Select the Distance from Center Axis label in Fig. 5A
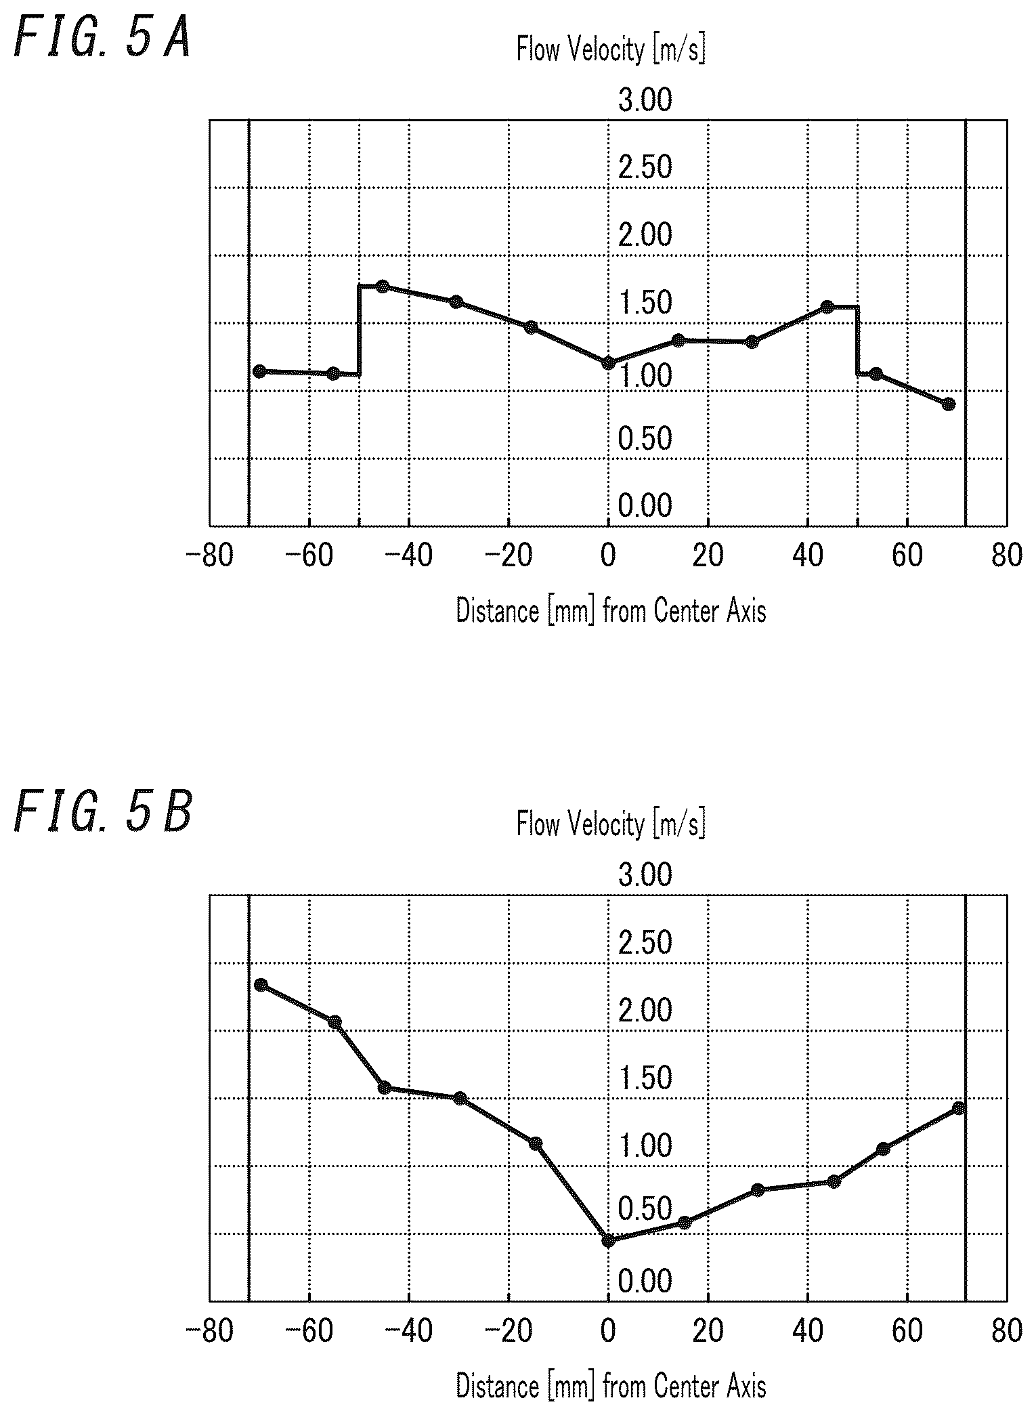(x=611, y=611)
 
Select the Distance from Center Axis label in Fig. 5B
(x=611, y=1386)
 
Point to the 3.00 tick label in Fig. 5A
(x=645, y=100)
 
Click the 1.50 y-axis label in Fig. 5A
(x=645, y=303)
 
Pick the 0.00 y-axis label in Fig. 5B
(x=645, y=1281)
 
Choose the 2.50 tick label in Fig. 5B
(x=645, y=943)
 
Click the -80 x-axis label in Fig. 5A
(x=209, y=555)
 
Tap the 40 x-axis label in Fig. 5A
(x=807, y=555)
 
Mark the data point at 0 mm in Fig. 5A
(x=608, y=363)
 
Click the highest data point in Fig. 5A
(x=383, y=286)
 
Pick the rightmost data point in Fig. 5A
(x=949, y=404)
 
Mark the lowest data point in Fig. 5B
(x=608, y=1240)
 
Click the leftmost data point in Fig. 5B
(x=261, y=985)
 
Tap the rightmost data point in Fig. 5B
(x=958, y=1108)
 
